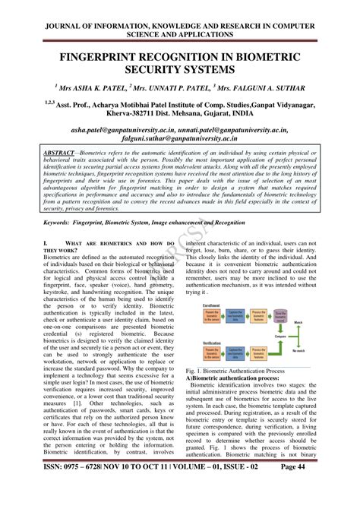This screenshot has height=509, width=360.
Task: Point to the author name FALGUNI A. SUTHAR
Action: pos(260,89)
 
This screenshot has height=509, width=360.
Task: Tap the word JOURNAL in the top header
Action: pos(56,11)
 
